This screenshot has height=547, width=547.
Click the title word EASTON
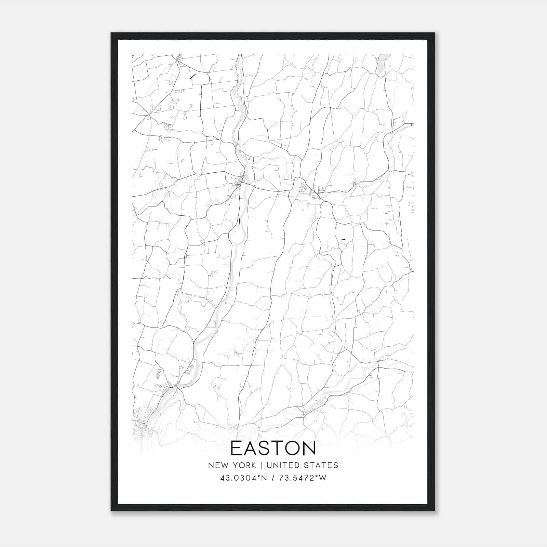click(273, 448)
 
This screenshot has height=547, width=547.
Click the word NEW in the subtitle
click(217, 465)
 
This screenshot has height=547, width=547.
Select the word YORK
click(244, 465)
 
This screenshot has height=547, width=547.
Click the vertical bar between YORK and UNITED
click(261, 465)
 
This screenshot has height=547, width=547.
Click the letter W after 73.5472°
click(323, 478)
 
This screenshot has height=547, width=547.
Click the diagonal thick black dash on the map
click(193, 76)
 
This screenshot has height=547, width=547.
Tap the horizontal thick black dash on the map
click(343, 240)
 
